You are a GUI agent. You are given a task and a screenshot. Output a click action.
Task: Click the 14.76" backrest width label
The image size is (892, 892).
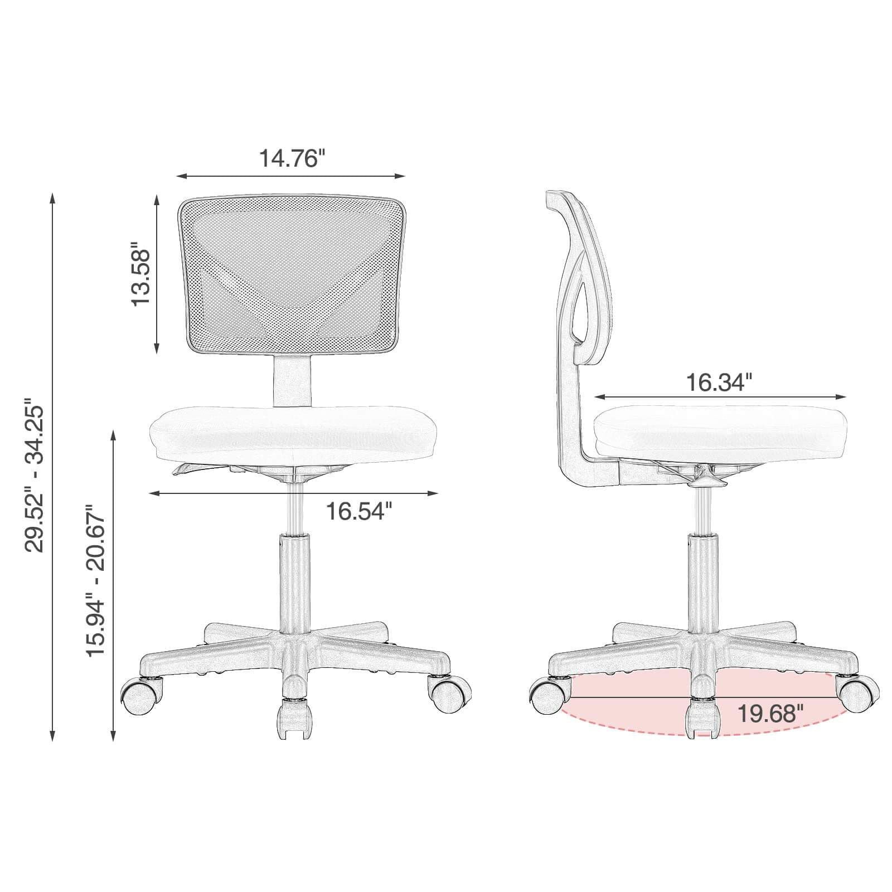point(291,158)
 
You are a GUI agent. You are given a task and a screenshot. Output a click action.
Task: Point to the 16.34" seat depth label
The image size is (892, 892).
point(719,382)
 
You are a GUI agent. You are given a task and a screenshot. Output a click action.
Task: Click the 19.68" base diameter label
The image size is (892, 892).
point(770,713)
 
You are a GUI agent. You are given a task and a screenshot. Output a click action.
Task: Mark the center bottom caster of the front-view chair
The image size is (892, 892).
point(293,719)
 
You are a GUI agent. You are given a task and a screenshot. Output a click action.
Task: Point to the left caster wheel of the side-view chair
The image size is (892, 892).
point(550,695)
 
